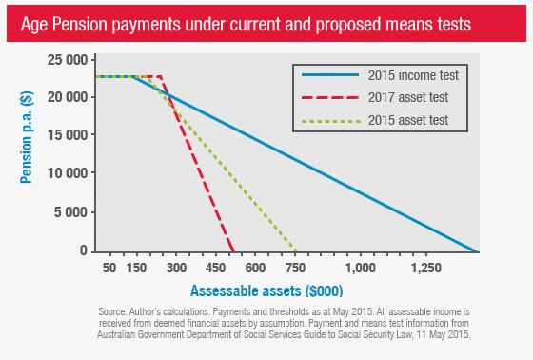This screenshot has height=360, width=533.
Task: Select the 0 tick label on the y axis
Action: pyautogui.click(x=84, y=250)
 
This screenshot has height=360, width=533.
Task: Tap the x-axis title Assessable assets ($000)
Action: pyautogui.click(x=267, y=290)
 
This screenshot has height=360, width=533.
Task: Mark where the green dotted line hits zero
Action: pyautogui.click(x=298, y=251)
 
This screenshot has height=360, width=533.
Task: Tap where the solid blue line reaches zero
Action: pyautogui.click(x=477, y=251)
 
